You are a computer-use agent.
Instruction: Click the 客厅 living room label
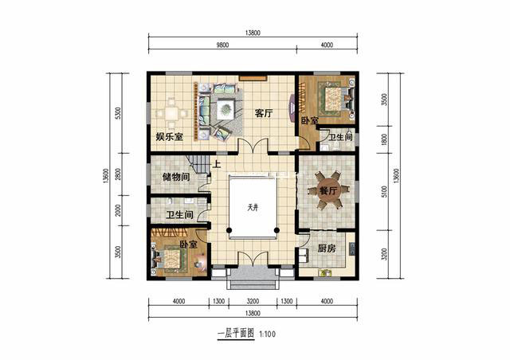tap(264, 114)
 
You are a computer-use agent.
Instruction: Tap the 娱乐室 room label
tap(169, 136)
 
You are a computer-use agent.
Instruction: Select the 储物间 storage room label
tap(176, 177)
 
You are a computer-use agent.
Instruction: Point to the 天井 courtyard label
tap(253, 207)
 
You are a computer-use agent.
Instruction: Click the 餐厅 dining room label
tap(328, 191)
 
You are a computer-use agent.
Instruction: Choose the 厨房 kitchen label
tap(326, 248)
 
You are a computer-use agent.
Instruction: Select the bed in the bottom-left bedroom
tap(168, 259)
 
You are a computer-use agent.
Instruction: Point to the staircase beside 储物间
tap(199, 165)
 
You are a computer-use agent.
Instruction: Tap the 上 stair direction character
tap(217, 164)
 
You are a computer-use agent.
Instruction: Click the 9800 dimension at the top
tap(222, 45)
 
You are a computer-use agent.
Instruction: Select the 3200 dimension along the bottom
tap(253, 302)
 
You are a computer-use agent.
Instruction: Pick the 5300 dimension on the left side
tap(118, 113)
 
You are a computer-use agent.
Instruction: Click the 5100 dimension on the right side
tap(384, 192)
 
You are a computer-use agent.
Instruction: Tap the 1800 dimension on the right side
tap(384, 139)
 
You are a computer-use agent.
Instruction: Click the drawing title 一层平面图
tap(236, 334)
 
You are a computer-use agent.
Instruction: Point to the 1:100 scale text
tap(268, 334)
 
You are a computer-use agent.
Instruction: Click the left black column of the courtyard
tap(229, 230)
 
